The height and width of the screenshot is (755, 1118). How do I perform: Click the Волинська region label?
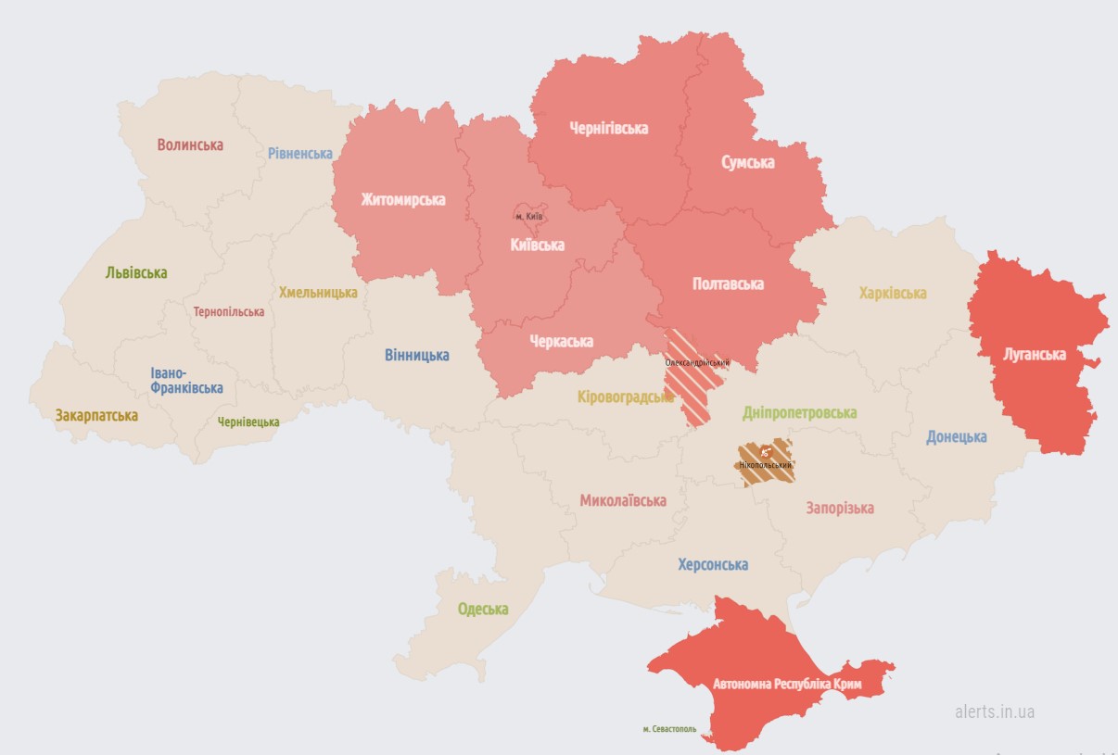190,145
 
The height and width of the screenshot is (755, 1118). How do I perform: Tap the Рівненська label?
300,153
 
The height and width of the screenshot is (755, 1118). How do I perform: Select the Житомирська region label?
403,199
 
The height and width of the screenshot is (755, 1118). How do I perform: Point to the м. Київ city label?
528,217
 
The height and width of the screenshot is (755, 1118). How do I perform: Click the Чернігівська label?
608,128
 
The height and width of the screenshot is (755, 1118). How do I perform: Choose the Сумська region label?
748,162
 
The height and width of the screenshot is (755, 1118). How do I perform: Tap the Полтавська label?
728,283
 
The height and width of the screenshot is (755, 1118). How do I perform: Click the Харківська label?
892,293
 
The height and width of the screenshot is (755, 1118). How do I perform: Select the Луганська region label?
1035,354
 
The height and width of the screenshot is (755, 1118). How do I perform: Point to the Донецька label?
956,436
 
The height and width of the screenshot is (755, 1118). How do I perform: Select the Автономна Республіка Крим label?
787,685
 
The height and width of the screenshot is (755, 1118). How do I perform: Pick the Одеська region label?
483,609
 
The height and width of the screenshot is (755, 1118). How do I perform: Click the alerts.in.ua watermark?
995,711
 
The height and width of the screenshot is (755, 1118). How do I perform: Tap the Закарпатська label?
96,416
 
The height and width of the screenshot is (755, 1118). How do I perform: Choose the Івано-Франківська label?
186,380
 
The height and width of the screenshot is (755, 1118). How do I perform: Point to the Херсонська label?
713,564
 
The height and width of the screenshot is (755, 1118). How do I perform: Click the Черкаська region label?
561,341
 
